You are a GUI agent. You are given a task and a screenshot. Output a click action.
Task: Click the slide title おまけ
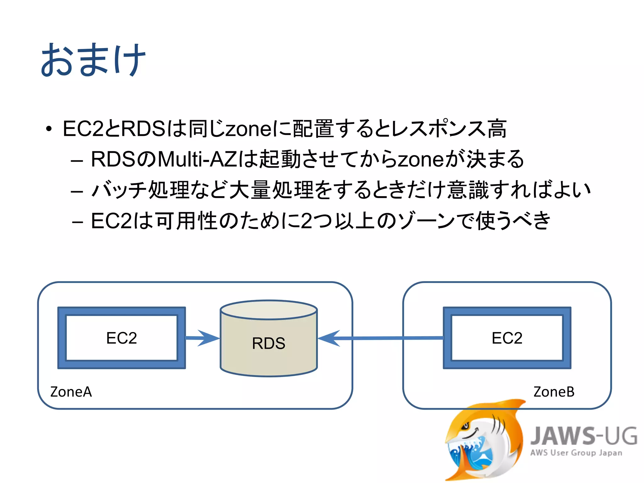click(x=93, y=60)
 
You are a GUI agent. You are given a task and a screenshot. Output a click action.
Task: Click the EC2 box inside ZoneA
click(x=121, y=338)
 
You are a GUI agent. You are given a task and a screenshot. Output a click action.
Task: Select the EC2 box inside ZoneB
click(x=507, y=338)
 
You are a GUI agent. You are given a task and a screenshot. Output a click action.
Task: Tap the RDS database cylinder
click(x=269, y=343)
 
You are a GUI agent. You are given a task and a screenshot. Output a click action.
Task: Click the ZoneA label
click(x=71, y=392)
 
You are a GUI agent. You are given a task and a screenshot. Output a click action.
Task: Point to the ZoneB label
click(x=554, y=392)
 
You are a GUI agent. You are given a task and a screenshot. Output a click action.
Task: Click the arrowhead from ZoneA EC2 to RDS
click(x=208, y=338)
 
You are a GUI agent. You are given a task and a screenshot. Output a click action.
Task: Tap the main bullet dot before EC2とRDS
click(x=48, y=129)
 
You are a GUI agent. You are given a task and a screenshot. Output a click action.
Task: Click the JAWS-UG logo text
click(x=584, y=436)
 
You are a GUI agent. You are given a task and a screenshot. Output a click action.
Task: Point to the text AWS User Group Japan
click(x=576, y=453)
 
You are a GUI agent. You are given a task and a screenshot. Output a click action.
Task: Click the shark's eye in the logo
click(x=466, y=426)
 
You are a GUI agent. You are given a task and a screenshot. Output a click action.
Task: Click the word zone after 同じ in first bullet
click(x=249, y=129)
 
